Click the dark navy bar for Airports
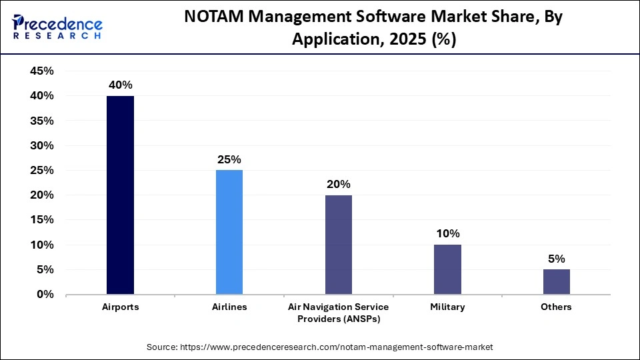[120, 195]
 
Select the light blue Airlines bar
[229, 232]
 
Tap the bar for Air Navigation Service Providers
[338, 245]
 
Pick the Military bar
[447, 269]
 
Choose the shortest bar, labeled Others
[557, 282]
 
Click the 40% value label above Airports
[120, 85]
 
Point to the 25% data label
[229, 159]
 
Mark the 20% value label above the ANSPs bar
[338, 184]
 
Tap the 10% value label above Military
[447, 233]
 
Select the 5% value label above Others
[557, 259]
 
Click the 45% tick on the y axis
[41, 71]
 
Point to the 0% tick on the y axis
[44, 295]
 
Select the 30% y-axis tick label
[41, 145]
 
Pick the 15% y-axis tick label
[41, 220]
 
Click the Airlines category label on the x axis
[229, 307]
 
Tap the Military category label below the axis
[447, 307]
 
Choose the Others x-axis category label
[557, 307]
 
